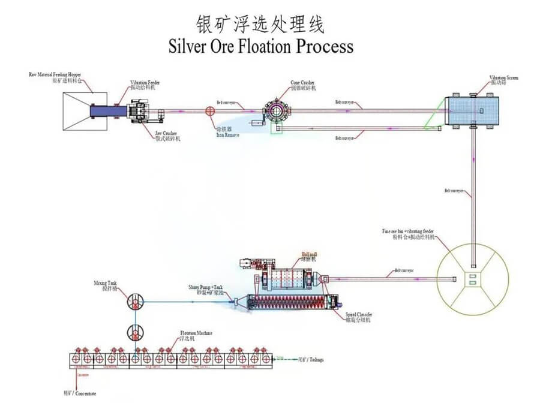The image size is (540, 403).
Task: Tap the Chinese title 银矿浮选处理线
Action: [x=260, y=24]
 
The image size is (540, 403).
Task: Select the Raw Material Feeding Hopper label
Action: [x=56, y=76]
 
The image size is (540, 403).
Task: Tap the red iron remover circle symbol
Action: [x=211, y=111]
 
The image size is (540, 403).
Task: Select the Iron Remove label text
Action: [x=227, y=133]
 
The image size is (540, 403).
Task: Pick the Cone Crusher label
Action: [x=302, y=85]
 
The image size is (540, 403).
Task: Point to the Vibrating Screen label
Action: [x=503, y=80]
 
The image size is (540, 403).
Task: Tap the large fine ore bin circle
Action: [x=473, y=278]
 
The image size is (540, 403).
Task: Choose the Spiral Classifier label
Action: [x=359, y=317]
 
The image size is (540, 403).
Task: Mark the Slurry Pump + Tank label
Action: [x=208, y=290]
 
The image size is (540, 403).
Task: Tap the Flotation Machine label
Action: [x=196, y=335]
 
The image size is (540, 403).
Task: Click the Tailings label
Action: [x=311, y=359]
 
